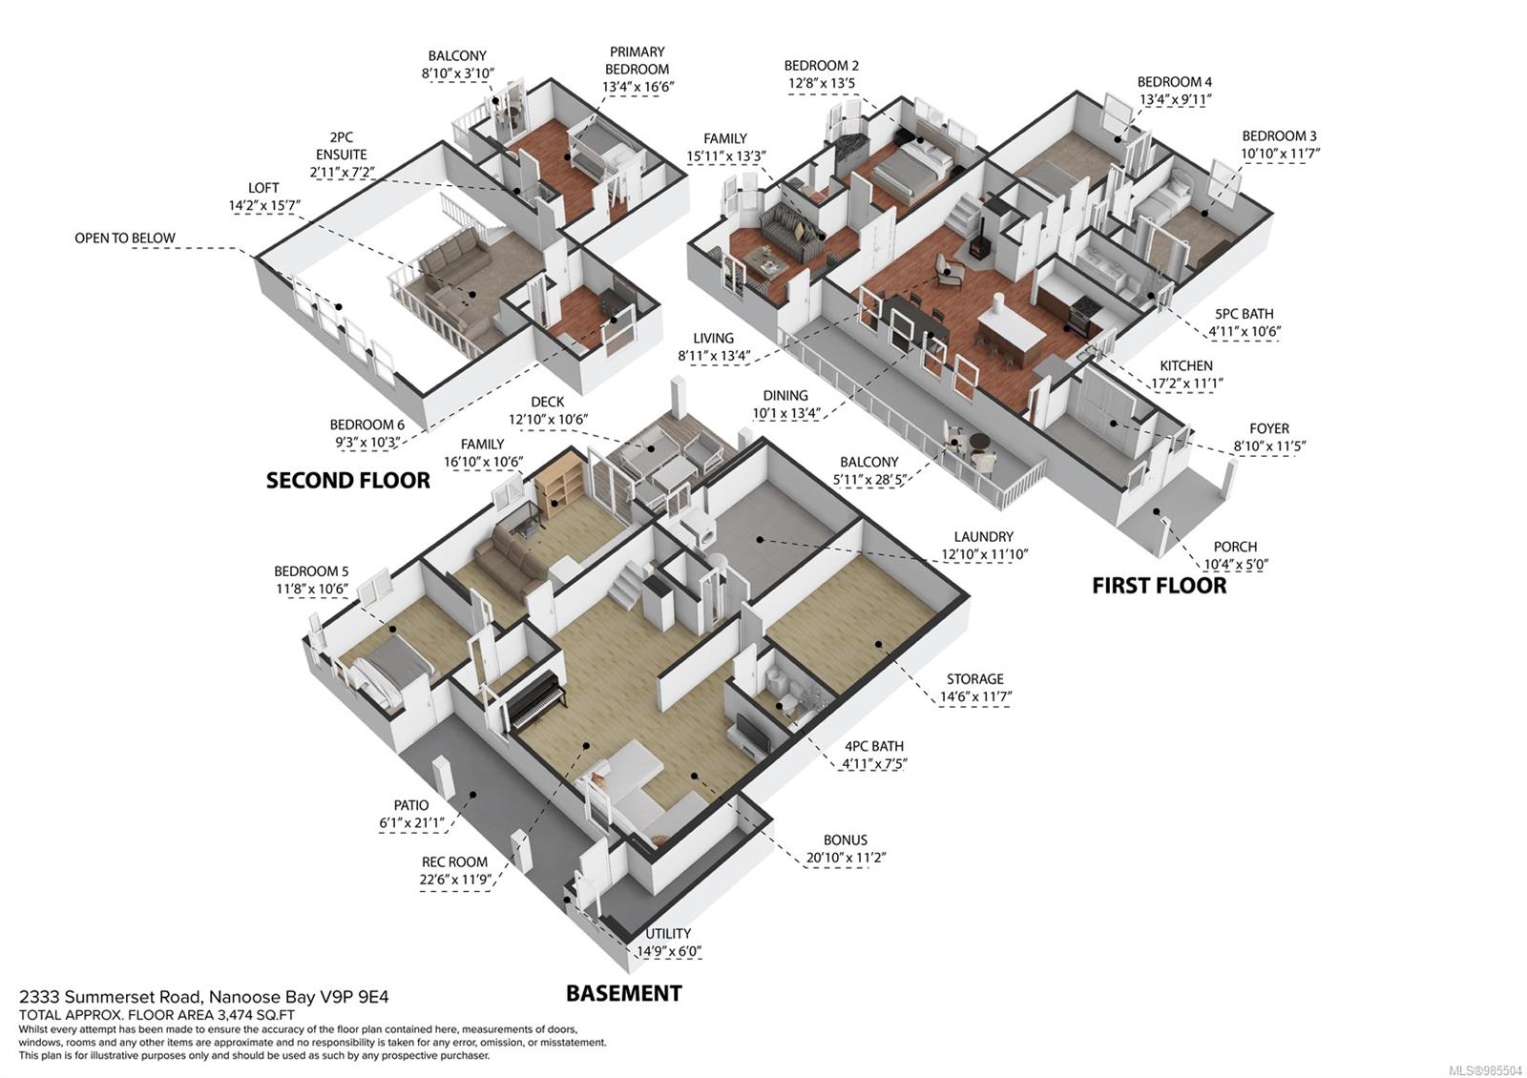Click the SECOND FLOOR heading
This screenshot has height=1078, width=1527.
(x=347, y=480)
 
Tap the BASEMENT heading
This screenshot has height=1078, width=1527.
(x=623, y=993)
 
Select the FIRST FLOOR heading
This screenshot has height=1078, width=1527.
(x=1159, y=585)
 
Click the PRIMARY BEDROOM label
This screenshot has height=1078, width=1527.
(x=637, y=61)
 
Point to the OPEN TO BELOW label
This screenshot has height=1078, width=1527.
(x=125, y=238)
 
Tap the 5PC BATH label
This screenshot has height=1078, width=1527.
(x=1244, y=314)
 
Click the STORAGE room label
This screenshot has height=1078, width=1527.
(x=974, y=679)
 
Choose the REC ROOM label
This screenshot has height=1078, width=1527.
(x=453, y=862)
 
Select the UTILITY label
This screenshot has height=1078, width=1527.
(x=667, y=934)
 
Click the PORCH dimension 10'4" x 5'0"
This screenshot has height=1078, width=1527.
(x=1235, y=564)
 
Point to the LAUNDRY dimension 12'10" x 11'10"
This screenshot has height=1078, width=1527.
(x=984, y=554)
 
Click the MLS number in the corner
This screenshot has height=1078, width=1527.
(x=1488, y=1070)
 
